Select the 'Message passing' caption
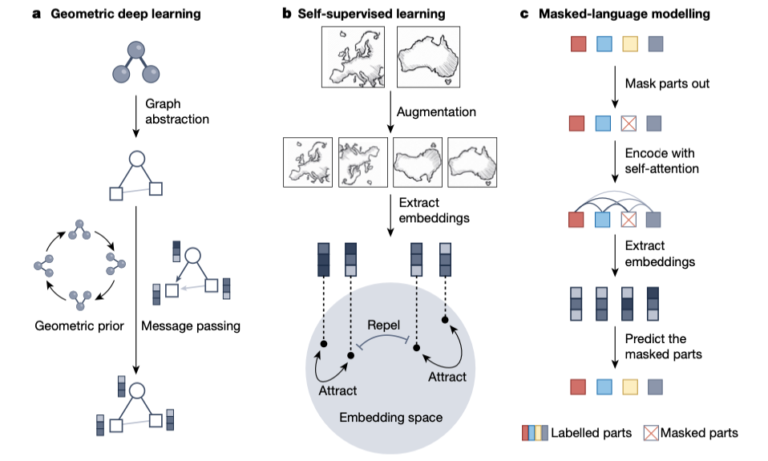pos(190,326)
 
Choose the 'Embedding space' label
pos(390,417)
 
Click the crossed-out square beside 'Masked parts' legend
pos(651,433)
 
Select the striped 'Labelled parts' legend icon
pos(535,433)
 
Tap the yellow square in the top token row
pos(629,44)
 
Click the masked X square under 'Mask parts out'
pos(629,123)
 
